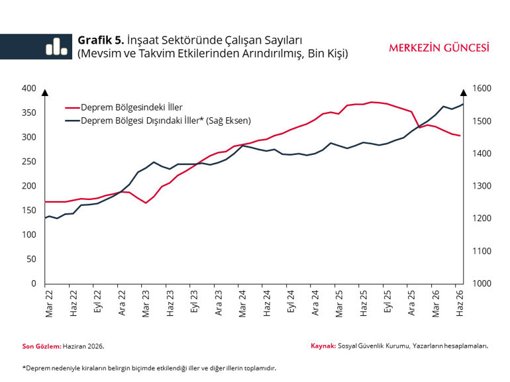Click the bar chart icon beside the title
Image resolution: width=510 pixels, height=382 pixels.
(56, 46)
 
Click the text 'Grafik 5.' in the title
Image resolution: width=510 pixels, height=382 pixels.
(101, 40)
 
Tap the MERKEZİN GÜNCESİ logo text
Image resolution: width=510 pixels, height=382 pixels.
(439, 48)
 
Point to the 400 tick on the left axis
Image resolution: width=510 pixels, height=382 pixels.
(29, 89)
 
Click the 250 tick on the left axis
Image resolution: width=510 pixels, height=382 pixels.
(29, 162)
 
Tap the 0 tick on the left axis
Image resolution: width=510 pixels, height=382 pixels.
(34, 283)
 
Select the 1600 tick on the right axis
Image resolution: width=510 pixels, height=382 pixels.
(482, 89)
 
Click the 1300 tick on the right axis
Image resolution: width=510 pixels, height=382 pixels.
(482, 186)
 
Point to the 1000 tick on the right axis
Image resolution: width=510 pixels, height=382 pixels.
(482, 283)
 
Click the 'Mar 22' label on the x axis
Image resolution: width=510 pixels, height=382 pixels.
(49, 304)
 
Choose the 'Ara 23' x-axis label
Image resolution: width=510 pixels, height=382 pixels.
(219, 303)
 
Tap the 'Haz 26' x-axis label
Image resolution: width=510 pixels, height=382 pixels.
(459, 303)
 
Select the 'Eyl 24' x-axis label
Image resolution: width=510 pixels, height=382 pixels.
(291, 301)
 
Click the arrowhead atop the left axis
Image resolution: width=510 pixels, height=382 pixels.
(45, 93)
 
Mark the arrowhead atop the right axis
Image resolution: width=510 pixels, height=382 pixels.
(464, 93)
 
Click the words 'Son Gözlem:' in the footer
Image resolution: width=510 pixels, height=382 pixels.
(42, 346)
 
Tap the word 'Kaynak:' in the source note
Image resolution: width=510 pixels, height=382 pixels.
(323, 346)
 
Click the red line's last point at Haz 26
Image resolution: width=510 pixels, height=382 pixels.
(460, 136)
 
